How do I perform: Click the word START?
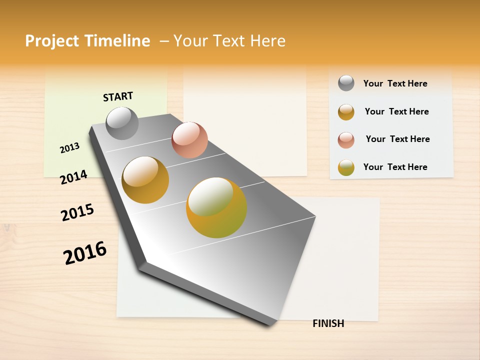[118, 96]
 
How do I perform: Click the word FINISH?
[328, 323]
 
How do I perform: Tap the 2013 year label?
[69, 147]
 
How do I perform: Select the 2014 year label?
[73, 177]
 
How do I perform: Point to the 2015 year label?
[77, 212]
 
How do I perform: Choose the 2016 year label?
[85, 252]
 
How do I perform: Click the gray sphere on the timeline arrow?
[122, 123]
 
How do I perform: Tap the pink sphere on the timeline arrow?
[189, 140]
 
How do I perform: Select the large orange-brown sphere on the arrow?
[145, 180]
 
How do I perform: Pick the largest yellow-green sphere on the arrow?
[216, 207]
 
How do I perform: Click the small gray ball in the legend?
[346, 83]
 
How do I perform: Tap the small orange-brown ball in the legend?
[346, 112]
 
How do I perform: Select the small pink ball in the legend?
[346, 140]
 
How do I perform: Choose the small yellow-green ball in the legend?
[346, 167]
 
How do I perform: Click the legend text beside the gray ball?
[395, 83]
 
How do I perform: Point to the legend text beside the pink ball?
[397, 139]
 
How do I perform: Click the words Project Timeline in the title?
[87, 41]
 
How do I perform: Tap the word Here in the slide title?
[267, 41]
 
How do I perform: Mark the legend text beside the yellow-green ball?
[395, 167]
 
